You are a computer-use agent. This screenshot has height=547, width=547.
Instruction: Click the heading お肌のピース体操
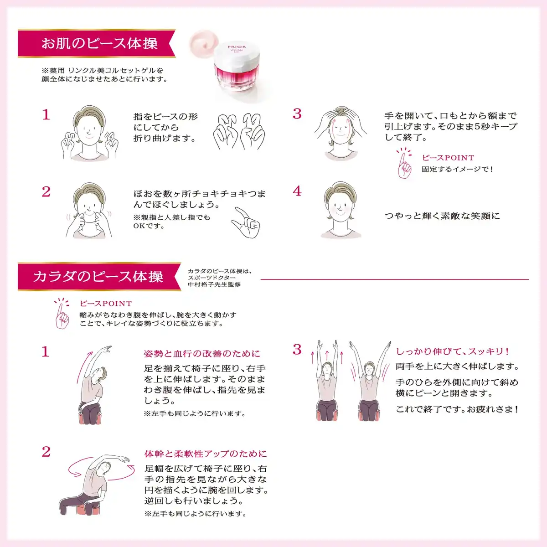[99, 43]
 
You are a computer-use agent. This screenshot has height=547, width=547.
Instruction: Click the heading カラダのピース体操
[98, 277]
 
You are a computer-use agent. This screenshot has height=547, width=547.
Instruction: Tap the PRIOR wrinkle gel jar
[237, 68]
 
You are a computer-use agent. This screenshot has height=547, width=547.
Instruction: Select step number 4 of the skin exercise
[297, 191]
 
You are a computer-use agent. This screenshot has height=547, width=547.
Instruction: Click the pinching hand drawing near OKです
[245, 222]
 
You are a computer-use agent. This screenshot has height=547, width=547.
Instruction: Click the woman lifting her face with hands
[341, 134]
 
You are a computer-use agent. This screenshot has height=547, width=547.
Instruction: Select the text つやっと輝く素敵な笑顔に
[442, 216]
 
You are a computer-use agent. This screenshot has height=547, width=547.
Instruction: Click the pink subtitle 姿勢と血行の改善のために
[202, 354]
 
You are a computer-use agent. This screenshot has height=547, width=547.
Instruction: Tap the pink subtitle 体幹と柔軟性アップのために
[206, 454]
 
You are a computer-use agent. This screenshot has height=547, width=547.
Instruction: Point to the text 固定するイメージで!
[458, 169]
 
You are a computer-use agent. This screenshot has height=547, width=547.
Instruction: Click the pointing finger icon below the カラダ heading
[62, 313]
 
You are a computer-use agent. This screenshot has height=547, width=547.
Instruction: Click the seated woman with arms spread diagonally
[370, 381]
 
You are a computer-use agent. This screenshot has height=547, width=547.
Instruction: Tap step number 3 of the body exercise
[297, 350]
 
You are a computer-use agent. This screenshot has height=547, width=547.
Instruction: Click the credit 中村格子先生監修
[214, 284]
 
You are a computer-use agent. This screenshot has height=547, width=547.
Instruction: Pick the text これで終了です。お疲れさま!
[457, 409]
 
